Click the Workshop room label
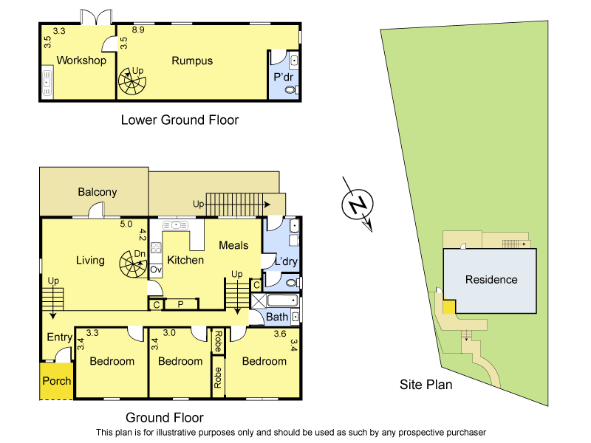point(81,61)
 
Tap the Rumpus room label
point(192,61)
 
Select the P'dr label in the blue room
point(284,77)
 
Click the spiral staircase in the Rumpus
point(134,81)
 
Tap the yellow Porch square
point(57,381)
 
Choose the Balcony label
point(97,192)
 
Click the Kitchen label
point(185,260)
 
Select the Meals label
point(233,245)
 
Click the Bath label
point(277,317)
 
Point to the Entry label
point(60,337)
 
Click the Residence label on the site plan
point(491,279)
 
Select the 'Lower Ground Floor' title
point(180,120)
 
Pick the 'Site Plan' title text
point(426,384)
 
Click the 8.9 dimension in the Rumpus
point(137,30)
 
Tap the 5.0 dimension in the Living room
point(126,224)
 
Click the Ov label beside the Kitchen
point(156,270)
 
